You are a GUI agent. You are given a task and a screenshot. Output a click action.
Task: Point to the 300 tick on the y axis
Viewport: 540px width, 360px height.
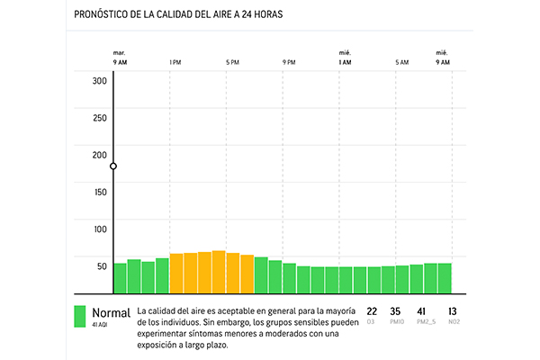(x=99, y=81)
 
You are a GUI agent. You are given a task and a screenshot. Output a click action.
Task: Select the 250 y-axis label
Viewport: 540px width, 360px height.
(x=99, y=118)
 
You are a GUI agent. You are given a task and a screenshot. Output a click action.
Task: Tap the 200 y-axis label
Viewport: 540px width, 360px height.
(x=99, y=155)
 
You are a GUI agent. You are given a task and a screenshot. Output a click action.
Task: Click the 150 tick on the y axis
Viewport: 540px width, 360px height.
(x=99, y=192)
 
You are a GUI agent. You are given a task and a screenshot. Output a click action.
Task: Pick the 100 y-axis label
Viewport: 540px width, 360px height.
(x=99, y=229)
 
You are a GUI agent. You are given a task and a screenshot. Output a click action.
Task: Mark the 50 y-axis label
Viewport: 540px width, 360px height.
(x=101, y=265)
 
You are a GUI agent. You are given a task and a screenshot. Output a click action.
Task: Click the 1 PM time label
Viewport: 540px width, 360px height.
(x=175, y=62)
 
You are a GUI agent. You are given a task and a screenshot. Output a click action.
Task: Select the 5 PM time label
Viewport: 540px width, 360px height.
(x=232, y=62)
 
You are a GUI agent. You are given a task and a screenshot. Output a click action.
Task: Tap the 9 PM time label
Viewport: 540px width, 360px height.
(x=289, y=62)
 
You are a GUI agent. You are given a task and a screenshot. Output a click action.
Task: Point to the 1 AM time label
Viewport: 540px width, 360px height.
(x=345, y=62)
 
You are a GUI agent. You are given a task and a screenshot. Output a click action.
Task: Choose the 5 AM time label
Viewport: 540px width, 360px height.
(x=401, y=62)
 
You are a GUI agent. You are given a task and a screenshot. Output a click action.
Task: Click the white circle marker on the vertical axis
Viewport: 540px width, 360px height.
(x=113, y=166)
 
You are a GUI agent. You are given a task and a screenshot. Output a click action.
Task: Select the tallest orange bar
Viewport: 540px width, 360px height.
(x=219, y=272)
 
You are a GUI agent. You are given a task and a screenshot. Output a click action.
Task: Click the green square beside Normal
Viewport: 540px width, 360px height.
(x=80, y=316)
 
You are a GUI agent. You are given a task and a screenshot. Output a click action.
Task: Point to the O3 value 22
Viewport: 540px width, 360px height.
(x=372, y=312)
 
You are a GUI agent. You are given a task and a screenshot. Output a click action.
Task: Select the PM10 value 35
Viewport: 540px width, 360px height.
(x=395, y=312)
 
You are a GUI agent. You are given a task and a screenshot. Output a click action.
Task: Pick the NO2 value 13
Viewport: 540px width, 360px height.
(x=452, y=312)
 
